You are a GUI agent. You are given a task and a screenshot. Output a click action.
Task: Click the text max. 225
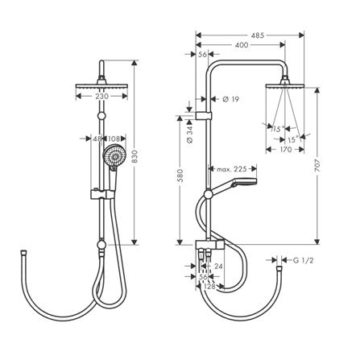[x=231, y=169]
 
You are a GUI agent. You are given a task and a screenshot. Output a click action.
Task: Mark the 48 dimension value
[x=97, y=139]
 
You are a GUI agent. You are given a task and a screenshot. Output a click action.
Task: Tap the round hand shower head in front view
[x=114, y=156]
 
